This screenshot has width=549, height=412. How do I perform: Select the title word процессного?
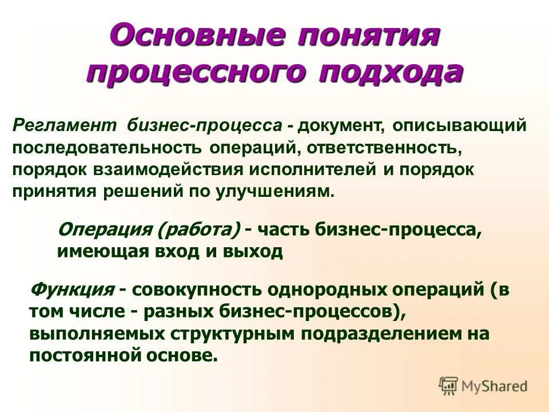188,74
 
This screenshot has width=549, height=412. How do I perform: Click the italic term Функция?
71,290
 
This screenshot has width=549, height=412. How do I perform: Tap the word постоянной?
89,355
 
